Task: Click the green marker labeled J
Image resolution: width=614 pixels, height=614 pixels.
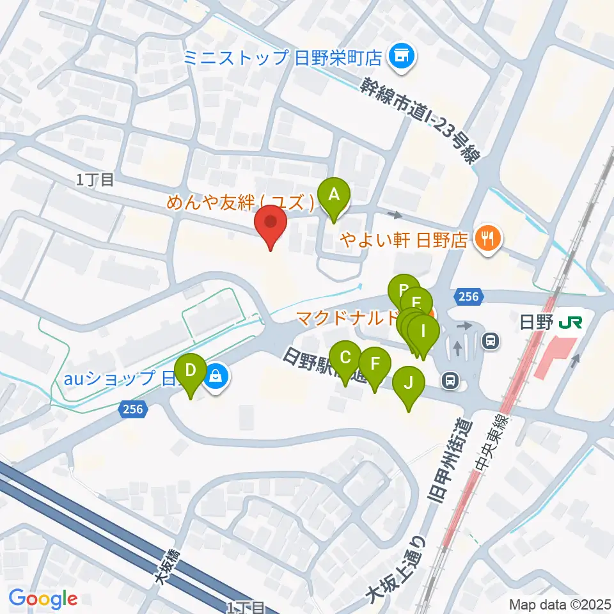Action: pyautogui.click(x=409, y=384)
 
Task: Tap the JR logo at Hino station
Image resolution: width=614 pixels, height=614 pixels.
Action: pyautogui.click(x=569, y=322)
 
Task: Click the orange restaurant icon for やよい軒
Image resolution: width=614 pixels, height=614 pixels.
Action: pyautogui.click(x=489, y=239)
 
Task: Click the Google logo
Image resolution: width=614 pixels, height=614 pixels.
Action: pyautogui.click(x=43, y=599)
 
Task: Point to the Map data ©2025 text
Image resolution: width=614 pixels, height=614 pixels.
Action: pyautogui.click(x=560, y=604)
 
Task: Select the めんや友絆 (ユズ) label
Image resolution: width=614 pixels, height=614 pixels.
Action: pyautogui.click(x=241, y=203)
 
